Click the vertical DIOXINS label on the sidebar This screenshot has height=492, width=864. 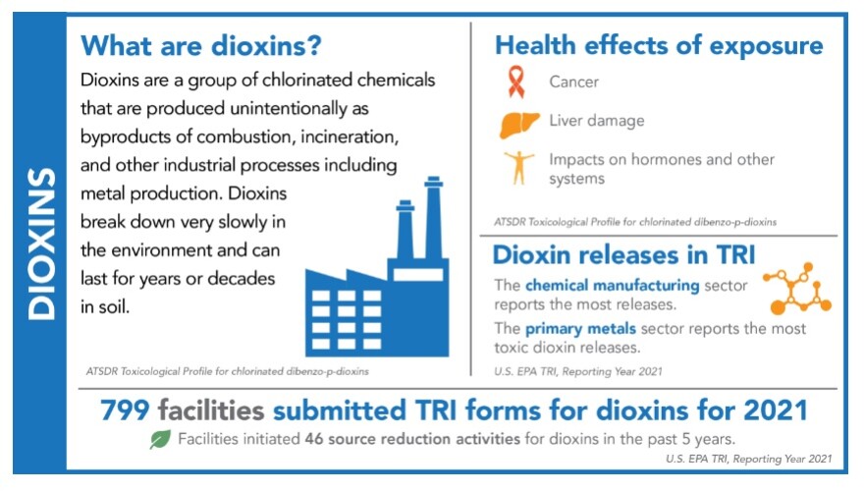(40, 245)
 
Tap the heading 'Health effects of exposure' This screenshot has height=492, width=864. (659, 45)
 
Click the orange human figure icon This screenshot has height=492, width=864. (517, 167)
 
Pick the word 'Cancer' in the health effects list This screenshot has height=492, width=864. (573, 82)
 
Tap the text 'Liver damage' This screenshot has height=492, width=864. (596, 122)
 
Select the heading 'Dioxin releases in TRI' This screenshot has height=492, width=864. (623, 256)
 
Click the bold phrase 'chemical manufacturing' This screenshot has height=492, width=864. (613, 286)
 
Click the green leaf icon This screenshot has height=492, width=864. (159, 439)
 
